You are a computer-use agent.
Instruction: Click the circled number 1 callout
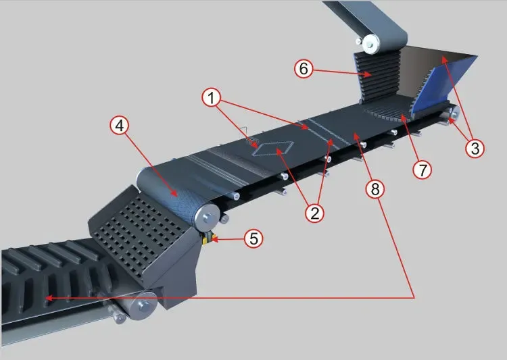[x=212, y=97]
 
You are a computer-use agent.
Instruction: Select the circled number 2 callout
[x=314, y=213]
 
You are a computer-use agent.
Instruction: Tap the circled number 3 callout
[x=475, y=149]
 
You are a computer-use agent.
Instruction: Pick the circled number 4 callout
[x=119, y=126]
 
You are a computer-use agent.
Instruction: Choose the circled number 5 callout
[x=254, y=238]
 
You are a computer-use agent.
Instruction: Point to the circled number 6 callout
[x=304, y=68]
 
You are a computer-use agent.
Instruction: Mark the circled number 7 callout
[x=422, y=170]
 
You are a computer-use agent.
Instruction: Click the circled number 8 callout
[x=375, y=189]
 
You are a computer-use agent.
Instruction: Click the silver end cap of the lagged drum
[x=208, y=216]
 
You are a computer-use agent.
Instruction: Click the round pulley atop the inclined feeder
[x=370, y=44]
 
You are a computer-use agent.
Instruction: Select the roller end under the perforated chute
[x=141, y=306]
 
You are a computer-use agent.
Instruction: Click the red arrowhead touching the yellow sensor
[x=214, y=240]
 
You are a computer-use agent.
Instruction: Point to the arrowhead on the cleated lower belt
[x=49, y=298]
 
